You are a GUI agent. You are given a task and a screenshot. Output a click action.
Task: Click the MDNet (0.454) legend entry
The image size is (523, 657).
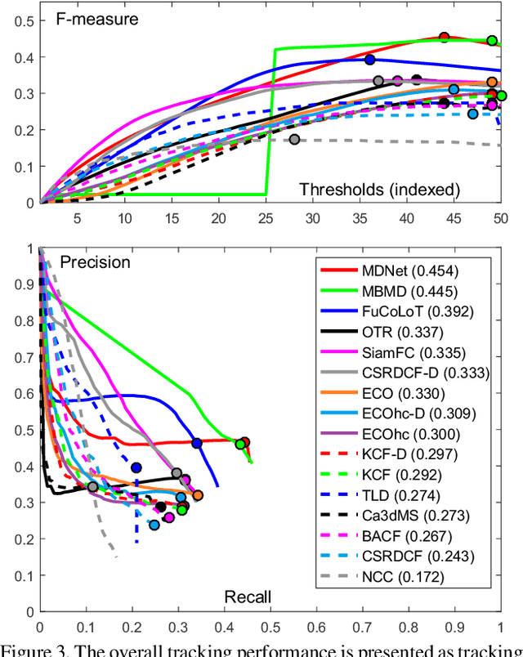tap(404, 270)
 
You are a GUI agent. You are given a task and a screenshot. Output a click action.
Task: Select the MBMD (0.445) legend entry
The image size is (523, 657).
tap(404, 291)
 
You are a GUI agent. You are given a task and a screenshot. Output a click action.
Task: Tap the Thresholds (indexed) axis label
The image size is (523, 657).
tap(379, 190)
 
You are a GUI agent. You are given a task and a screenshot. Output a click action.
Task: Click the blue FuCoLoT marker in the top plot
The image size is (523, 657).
tap(369, 60)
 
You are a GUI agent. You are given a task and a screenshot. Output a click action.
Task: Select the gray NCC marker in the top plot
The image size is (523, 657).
tap(294, 140)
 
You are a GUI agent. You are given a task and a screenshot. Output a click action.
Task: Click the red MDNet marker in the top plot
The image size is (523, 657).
tap(444, 38)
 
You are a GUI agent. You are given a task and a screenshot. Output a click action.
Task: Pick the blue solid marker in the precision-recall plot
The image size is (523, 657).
tap(196, 443)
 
